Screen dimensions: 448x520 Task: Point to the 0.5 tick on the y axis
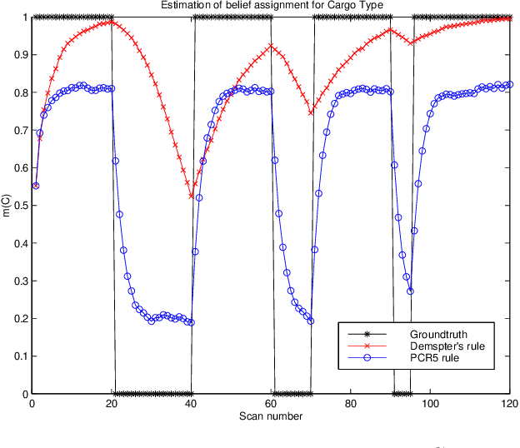click(18, 206)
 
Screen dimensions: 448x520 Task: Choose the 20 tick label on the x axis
click(111, 404)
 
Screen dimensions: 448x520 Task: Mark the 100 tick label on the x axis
click(430, 404)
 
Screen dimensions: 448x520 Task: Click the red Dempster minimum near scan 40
click(192, 197)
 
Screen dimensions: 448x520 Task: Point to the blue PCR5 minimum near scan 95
click(410, 291)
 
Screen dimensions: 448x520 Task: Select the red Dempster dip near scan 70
click(312, 113)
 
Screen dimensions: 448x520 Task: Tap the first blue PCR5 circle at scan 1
click(35, 186)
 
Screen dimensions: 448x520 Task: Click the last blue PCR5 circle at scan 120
click(510, 84)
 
